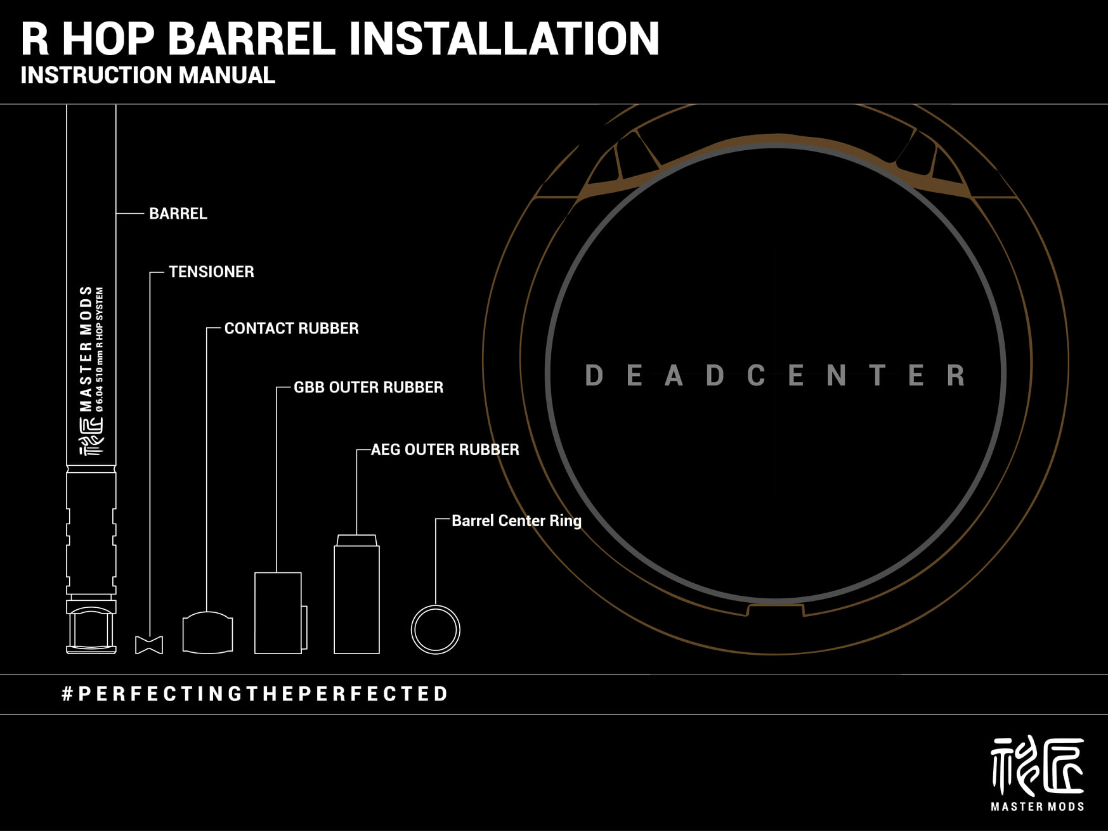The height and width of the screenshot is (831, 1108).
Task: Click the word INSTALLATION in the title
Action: [504, 39]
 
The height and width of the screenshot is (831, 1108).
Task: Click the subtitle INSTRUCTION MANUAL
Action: [148, 75]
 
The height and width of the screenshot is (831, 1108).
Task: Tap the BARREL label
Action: [178, 214]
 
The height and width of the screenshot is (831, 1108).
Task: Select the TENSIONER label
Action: [211, 272]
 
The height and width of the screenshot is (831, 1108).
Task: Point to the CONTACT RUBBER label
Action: [291, 328]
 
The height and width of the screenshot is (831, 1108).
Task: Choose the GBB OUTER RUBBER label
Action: [368, 387]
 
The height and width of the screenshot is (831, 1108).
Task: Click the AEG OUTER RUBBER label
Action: [445, 449]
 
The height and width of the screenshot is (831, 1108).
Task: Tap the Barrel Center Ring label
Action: [516, 520]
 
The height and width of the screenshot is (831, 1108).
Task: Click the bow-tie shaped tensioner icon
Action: [149, 645]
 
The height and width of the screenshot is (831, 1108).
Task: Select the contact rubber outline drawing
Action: [207, 633]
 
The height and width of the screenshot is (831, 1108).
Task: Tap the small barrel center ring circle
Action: [435, 629]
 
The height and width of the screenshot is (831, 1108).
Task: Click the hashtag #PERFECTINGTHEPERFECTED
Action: [255, 693]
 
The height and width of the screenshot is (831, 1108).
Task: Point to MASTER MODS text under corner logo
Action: [1037, 806]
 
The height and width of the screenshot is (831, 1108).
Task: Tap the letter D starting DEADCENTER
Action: [594, 376]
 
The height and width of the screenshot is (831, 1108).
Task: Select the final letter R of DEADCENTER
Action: [956, 376]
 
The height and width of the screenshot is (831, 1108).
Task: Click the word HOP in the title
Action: [108, 39]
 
